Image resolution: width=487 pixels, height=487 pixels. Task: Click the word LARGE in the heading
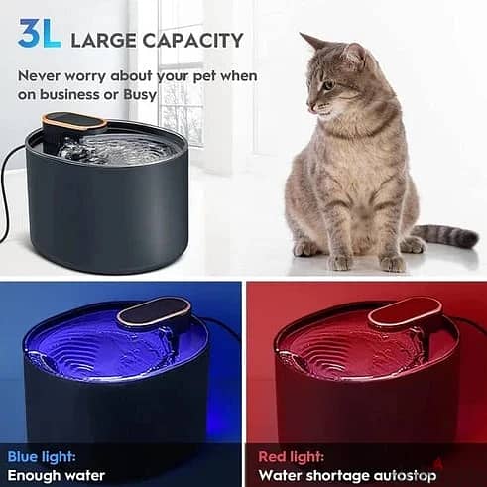(x=102, y=41)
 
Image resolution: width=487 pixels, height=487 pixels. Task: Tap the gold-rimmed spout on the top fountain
(x=74, y=125)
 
